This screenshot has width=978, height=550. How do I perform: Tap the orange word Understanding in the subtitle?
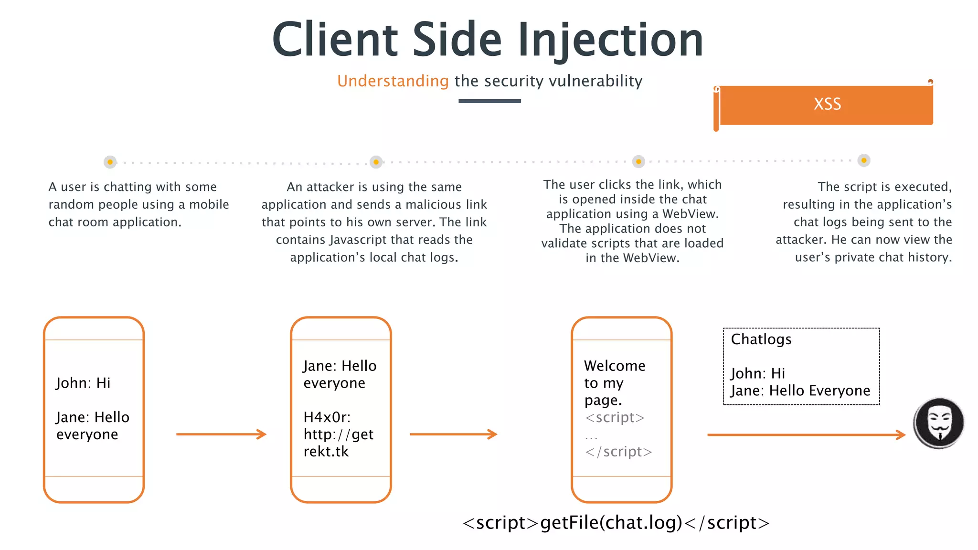tap(393, 81)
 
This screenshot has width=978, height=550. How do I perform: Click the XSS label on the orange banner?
tap(827, 104)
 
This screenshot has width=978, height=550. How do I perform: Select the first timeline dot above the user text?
tap(110, 162)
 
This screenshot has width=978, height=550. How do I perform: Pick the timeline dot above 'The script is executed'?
tap(864, 160)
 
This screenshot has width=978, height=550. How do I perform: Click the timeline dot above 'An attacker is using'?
tap(376, 162)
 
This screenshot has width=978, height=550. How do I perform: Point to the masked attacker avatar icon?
tap(939, 423)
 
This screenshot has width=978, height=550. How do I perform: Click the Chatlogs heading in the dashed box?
tap(761, 339)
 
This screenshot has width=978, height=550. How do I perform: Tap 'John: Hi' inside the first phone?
tap(83, 383)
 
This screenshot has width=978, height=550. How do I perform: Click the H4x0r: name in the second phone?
tap(327, 417)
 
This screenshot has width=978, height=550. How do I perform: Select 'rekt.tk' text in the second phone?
tap(326, 452)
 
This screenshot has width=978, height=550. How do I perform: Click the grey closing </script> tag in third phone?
tap(618, 452)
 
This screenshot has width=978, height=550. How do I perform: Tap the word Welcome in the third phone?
tap(615, 366)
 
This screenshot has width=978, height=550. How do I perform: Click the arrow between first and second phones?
tap(221, 434)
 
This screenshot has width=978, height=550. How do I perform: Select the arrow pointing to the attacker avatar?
tap(806, 434)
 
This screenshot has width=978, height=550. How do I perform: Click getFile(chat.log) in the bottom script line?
tap(611, 523)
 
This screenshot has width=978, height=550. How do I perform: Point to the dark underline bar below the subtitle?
tap(489, 101)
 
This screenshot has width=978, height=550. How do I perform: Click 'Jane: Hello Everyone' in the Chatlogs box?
tap(800, 391)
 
